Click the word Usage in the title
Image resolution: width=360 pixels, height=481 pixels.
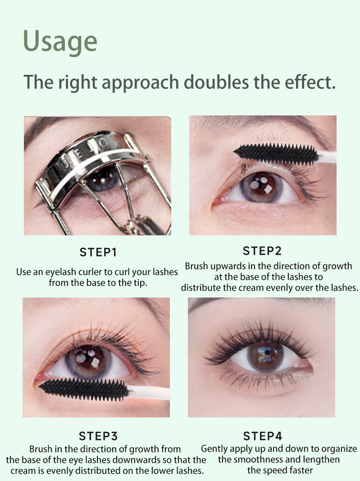click(60, 41)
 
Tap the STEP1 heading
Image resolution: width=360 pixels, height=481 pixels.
click(98, 252)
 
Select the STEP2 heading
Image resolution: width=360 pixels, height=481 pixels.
click(262, 251)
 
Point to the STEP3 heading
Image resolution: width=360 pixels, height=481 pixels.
click(98, 436)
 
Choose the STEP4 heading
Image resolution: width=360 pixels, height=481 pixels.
click(262, 436)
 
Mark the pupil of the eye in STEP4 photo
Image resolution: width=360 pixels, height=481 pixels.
click(264, 357)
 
